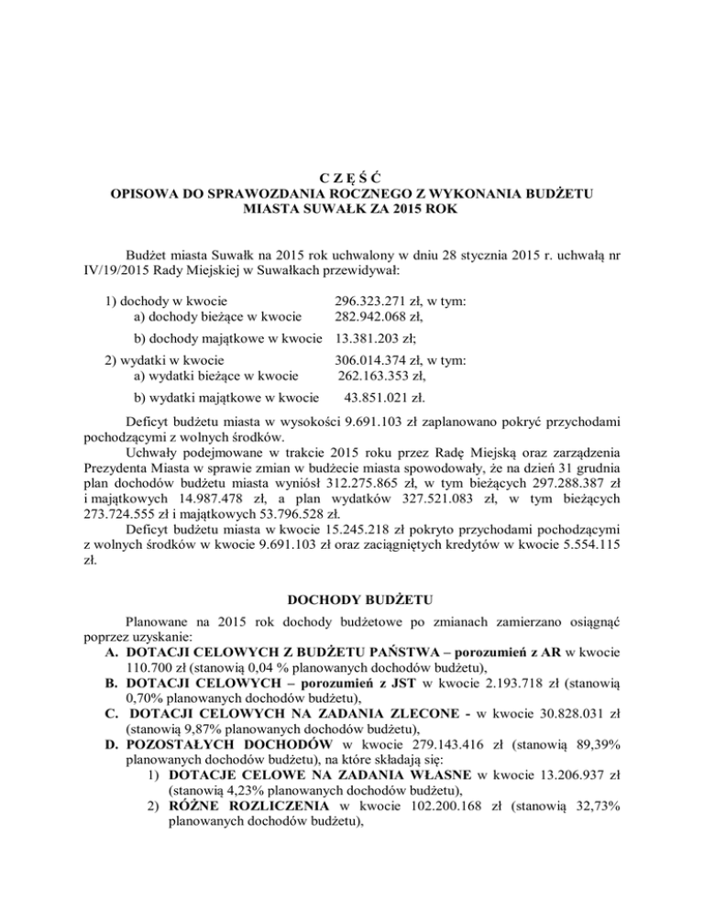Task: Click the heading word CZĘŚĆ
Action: pos(352,175)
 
